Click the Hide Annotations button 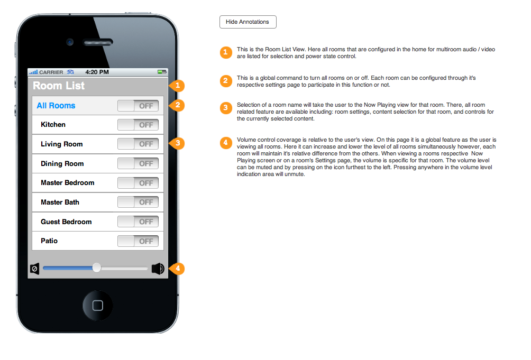[248, 22]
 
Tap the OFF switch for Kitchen [138, 125]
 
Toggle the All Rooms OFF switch [138, 106]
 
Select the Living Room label [62, 144]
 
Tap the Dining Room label [62, 164]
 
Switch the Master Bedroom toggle [138, 183]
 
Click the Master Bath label [60, 202]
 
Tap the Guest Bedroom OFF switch [138, 221]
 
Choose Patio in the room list [49, 241]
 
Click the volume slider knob [96, 268]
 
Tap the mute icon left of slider [34, 269]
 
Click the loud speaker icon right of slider [158, 269]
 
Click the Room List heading [59, 86]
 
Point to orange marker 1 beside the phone [177, 86]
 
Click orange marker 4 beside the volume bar [177, 269]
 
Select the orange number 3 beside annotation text [226, 108]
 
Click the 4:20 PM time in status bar [97, 72]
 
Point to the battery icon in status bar [162, 72]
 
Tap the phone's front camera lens [70, 42]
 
